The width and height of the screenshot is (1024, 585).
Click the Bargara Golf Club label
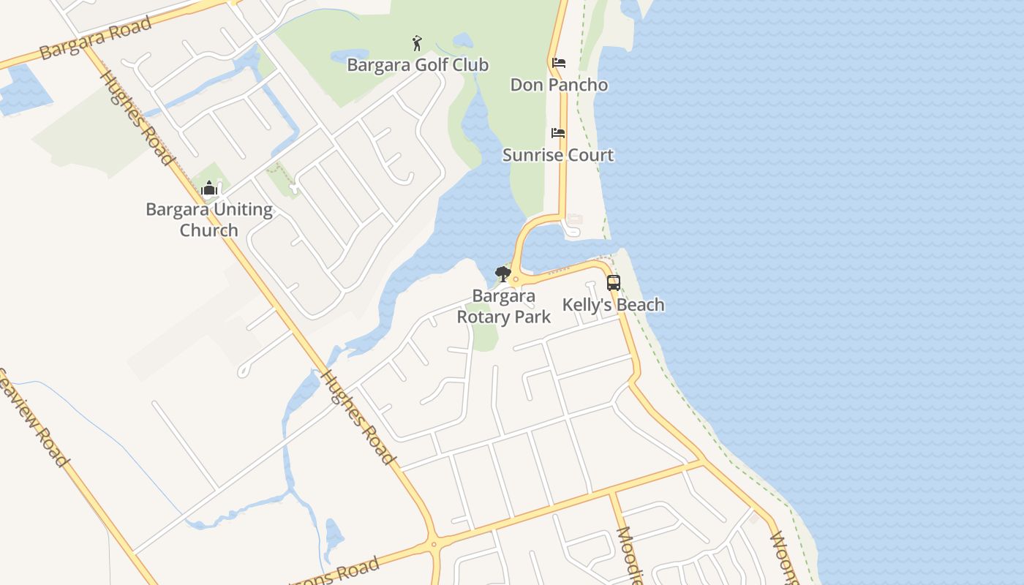coord(417,65)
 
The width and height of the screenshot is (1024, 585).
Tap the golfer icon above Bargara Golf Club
coord(417,43)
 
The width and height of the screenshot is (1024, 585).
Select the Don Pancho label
coord(559,85)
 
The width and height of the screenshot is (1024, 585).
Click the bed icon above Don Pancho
coord(559,63)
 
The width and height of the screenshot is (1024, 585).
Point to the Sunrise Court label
coord(558,155)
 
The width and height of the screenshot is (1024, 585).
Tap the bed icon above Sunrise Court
coord(558,133)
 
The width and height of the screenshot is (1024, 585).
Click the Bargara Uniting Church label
coord(209,219)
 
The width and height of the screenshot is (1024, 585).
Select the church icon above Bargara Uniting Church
coord(209,189)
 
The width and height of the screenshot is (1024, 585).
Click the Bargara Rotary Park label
coord(503,306)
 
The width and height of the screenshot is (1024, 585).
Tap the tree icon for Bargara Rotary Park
coord(502,274)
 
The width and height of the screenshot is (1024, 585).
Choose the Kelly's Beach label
coord(613,305)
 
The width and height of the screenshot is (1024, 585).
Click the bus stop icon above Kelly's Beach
coord(613,283)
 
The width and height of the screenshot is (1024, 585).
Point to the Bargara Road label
coord(95,38)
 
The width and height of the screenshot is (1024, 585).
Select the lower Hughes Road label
coord(358,417)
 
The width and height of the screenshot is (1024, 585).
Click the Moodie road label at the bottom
coord(629,556)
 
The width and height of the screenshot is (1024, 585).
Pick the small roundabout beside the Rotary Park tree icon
coord(516,279)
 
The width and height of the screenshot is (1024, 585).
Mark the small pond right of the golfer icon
coord(462,40)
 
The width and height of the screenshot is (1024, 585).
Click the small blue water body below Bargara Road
coord(22,88)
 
